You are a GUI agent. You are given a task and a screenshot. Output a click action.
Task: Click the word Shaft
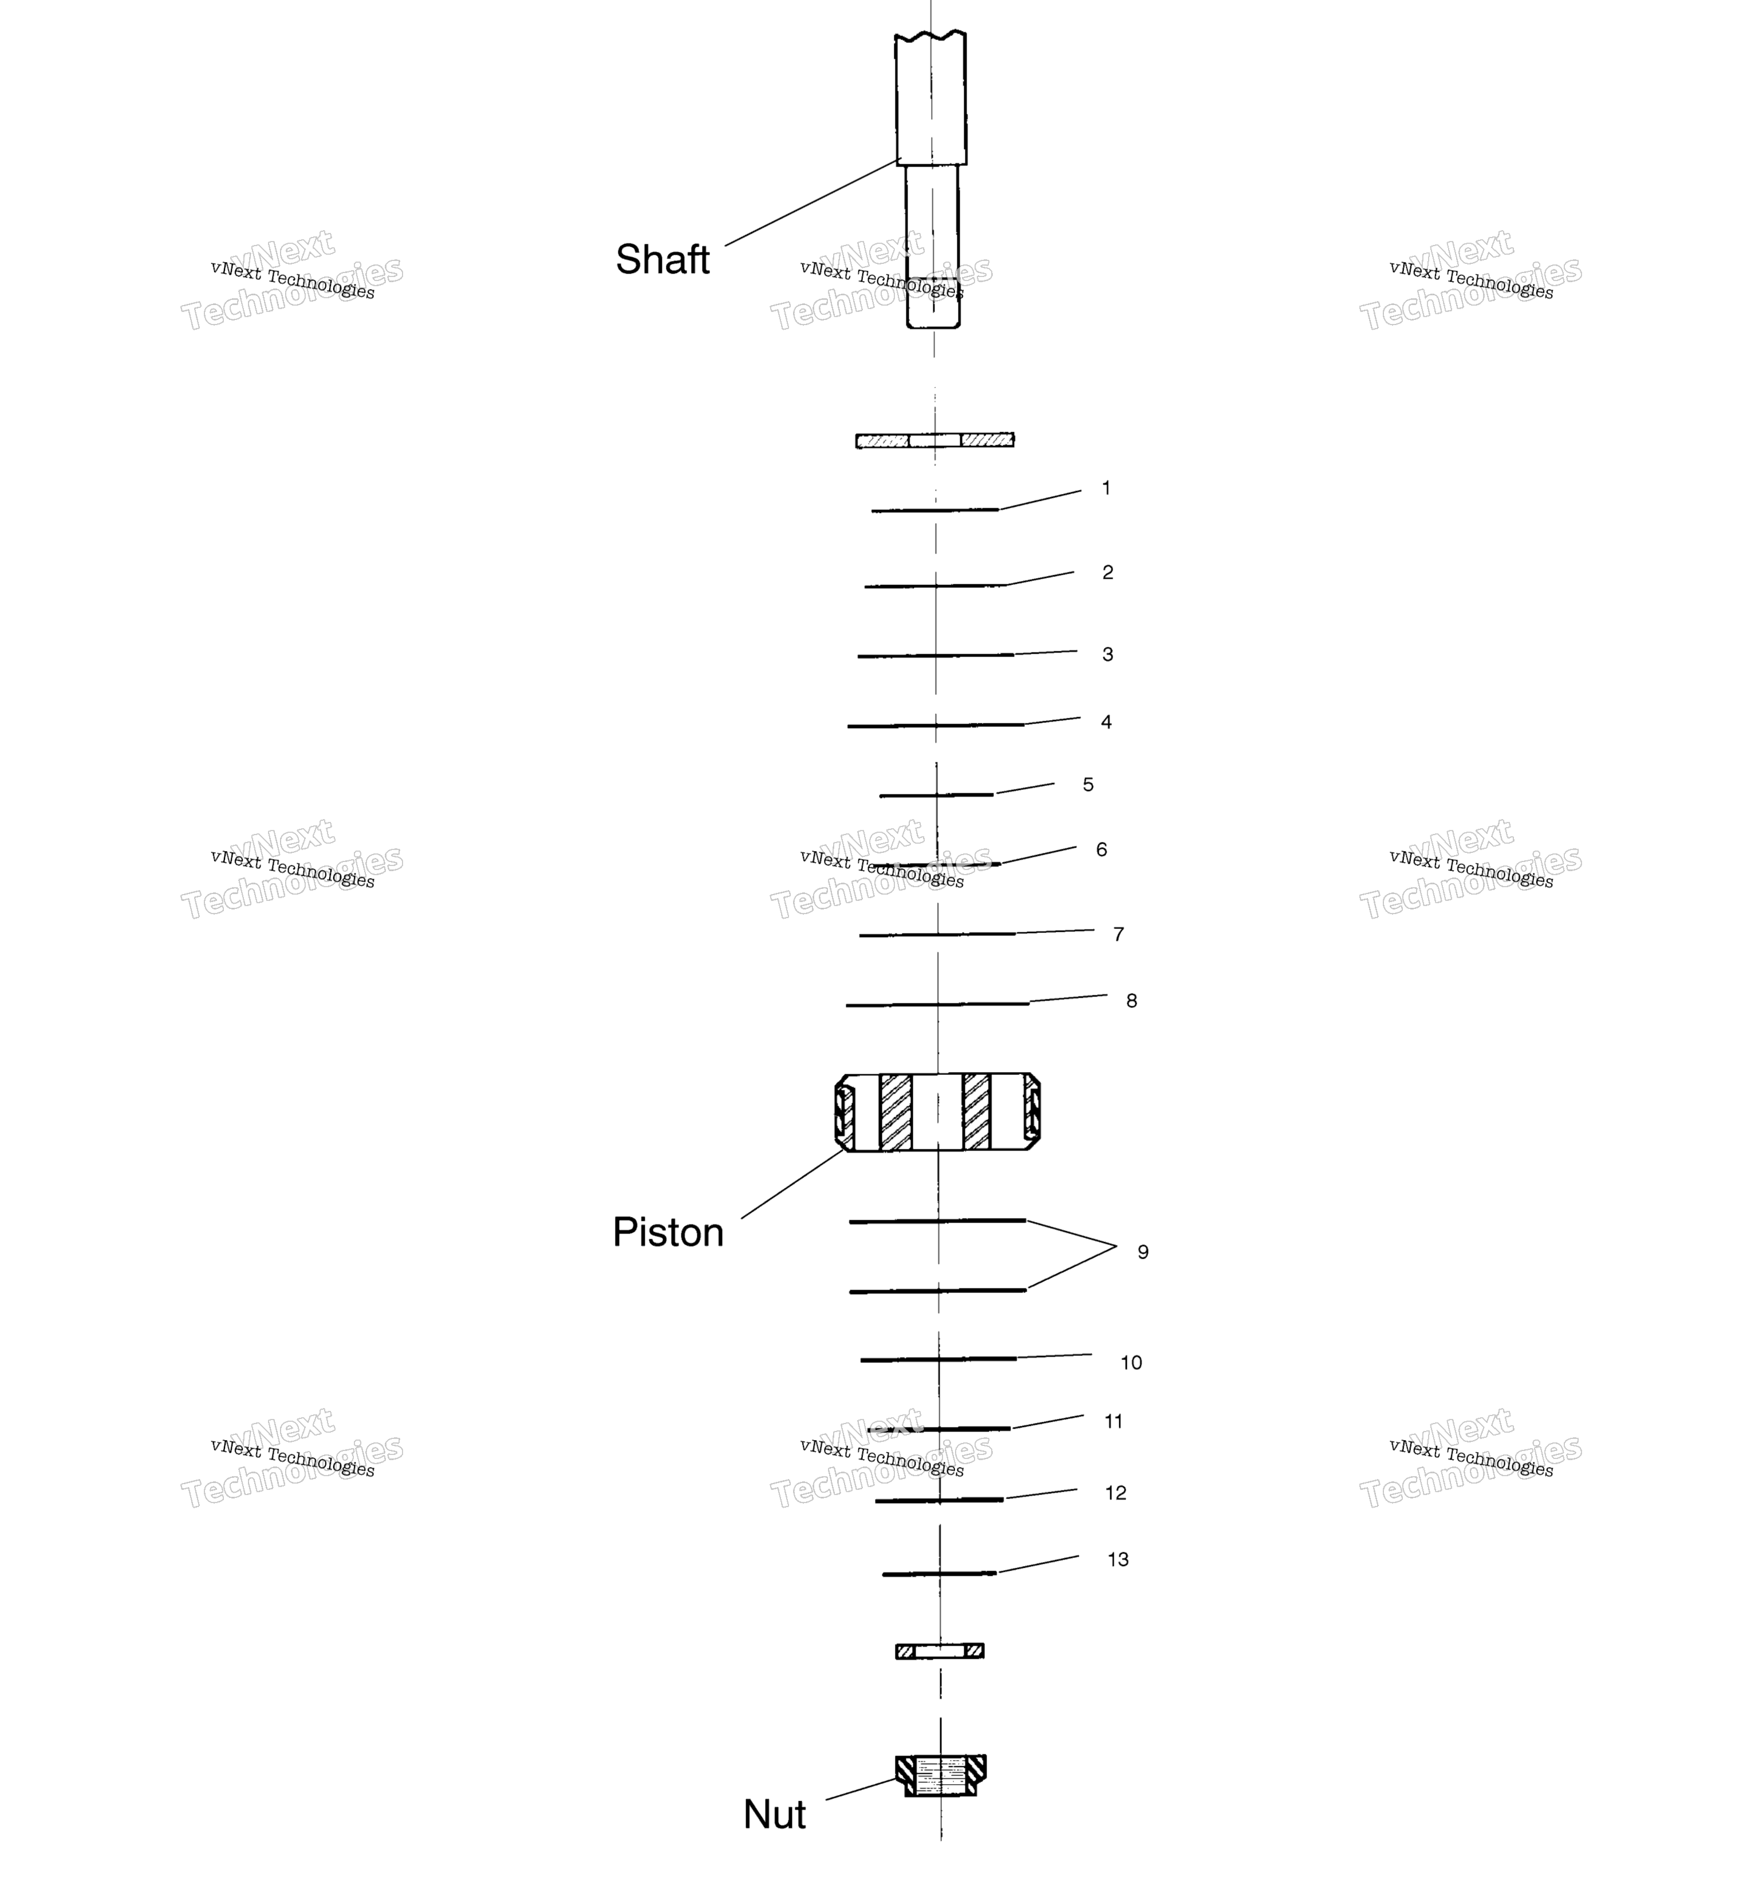(662, 259)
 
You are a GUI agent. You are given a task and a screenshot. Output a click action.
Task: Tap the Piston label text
(668, 1232)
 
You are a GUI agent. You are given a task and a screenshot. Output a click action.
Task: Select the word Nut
(774, 1814)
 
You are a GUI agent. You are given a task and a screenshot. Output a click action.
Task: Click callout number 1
(1106, 488)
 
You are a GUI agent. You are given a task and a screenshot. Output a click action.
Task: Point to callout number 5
(1088, 784)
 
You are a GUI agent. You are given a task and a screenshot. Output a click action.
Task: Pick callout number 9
(1143, 1252)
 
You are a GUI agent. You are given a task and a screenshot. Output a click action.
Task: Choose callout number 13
(1118, 1559)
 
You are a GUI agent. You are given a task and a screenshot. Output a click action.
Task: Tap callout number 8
(1131, 1000)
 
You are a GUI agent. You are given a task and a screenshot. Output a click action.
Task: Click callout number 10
(1130, 1362)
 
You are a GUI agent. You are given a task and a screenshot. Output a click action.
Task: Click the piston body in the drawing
(937, 1112)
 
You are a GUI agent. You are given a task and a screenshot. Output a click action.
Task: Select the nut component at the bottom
(940, 1775)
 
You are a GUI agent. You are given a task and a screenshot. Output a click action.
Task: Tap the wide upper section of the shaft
(931, 98)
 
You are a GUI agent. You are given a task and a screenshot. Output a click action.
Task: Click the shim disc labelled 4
(936, 725)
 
